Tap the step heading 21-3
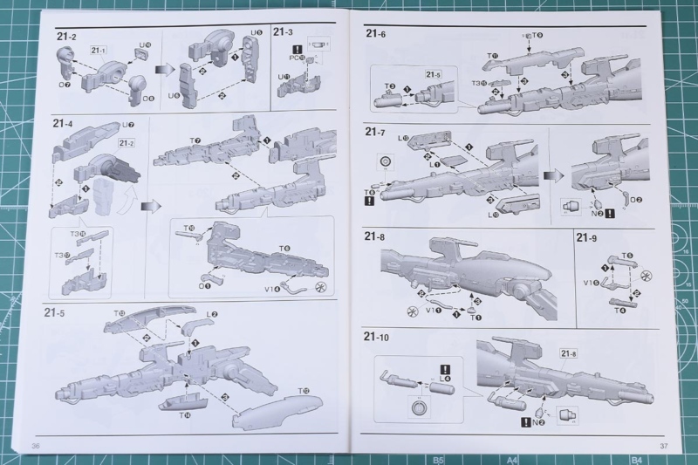pyautogui.click(x=284, y=32)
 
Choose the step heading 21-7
pyautogui.click(x=376, y=133)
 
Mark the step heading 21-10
pyautogui.click(x=379, y=338)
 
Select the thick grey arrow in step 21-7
pyautogui.click(x=553, y=174)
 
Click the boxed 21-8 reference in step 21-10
pyautogui.click(x=570, y=353)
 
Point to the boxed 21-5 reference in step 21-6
pyautogui.click(x=435, y=74)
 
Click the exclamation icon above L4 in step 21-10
pyautogui.click(x=446, y=369)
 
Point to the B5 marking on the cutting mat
pyautogui.click(x=439, y=459)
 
